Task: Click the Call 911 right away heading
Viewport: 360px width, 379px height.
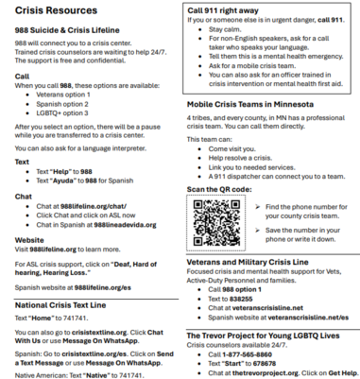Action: pyautogui.click(x=228, y=10)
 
